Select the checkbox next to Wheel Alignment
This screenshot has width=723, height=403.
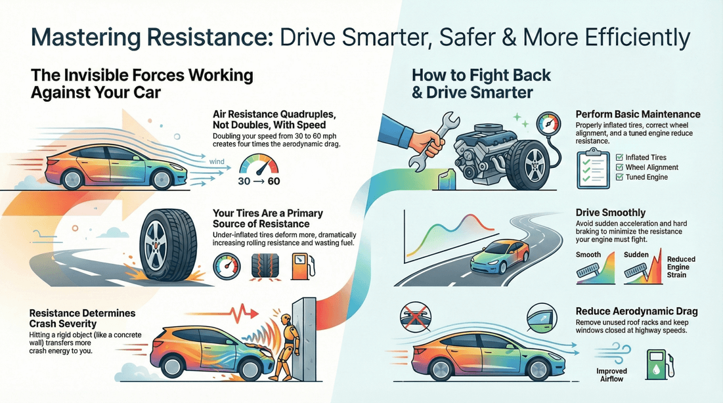pos(619,167)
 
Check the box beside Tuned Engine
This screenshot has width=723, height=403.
pos(619,177)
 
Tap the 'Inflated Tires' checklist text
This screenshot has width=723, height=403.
pos(646,158)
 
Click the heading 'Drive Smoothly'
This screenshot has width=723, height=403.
pos(610,213)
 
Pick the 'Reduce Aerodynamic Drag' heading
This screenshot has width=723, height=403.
pos(636,311)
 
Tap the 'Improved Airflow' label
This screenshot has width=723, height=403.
pos(611,375)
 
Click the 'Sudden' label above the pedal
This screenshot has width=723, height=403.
pos(636,255)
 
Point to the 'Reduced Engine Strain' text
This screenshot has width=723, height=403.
pos(680,267)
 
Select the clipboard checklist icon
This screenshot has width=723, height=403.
pos(590,169)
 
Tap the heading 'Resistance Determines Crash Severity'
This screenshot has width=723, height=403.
pos(81,318)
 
